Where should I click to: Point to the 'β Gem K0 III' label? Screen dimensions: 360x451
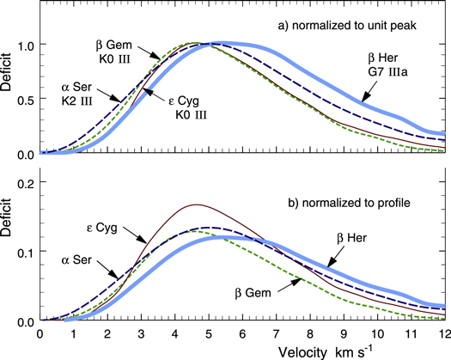115,47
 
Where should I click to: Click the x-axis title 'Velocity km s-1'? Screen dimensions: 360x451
243,350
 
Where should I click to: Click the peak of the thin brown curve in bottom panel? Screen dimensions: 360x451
197,204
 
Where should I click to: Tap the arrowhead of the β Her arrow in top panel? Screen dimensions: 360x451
358,104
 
